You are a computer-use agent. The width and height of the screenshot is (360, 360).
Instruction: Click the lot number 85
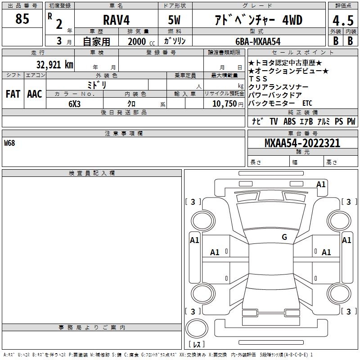pyautogui.click(x=22, y=19)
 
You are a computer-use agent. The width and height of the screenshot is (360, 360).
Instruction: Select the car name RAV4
pyautogui.click(x=115, y=20)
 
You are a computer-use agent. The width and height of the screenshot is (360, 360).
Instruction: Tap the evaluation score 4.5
pyautogui.click(x=342, y=21)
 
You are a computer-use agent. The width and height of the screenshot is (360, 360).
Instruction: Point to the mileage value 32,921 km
pyautogui.click(x=54, y=64)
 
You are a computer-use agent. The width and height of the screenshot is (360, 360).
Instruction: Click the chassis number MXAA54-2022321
pyautogui.click(x=302, y=143)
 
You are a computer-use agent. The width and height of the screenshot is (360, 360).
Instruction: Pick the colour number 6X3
pyautogui.click(x=75, y=103)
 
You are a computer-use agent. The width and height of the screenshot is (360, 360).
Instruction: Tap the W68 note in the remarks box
pyautogui.click(x=9, y=144)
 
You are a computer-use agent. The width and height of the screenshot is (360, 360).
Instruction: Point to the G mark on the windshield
pyautogui.click(x=284, y=237)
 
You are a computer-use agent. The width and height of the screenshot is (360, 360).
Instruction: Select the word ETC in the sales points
pyautogui.click(x=307, y=103)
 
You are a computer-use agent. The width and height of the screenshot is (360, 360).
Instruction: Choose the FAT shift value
pyautogui.click(x=13, y=94)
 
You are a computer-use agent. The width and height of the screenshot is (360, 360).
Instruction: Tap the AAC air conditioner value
pyautogui.click(x=35, y=94)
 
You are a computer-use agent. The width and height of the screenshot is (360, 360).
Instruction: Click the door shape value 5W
pyautogui.click(x=175, y=20)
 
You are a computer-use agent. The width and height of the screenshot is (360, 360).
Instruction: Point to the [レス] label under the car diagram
pyautogui.click(x=198, y=344)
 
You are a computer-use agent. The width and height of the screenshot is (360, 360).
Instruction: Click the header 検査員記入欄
pyautogui.click(x=92, y=173)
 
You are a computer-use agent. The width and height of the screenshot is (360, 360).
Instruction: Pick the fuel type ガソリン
pyautogui.click(x=175, y=41)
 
